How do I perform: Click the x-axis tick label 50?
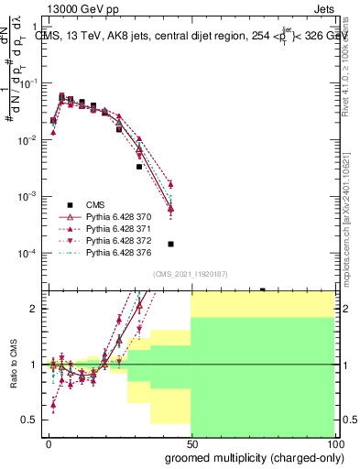(191, 443)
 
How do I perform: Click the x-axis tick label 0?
(49, 443)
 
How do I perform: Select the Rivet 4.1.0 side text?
(351, 55)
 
